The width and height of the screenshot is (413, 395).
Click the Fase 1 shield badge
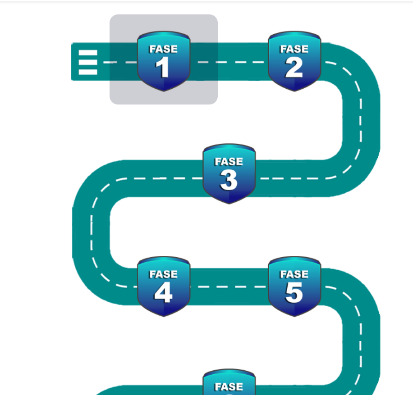tap(164, 61)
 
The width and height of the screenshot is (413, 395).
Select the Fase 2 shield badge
tap(294, 61)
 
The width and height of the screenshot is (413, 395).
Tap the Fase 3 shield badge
tap(229, 174)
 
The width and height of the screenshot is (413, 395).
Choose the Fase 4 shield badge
tap(164, 286)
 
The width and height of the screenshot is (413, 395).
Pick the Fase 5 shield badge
tap(294, 286)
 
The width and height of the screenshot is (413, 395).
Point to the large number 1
tap(162, 68)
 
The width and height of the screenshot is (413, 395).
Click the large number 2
tap(294, 68)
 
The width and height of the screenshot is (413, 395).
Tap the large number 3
tap(229, 181)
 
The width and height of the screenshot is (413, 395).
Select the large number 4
tap(163, 293)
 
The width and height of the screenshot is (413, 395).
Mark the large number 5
tap(294, 293)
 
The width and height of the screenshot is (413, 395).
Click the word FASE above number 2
tap(294, 49)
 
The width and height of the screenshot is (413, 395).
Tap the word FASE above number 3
tap(229, 162)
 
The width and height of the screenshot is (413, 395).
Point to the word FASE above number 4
tap(163, 274)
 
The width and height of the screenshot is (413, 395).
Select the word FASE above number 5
tap(294, 274)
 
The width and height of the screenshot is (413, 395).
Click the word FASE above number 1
tap(163, 49)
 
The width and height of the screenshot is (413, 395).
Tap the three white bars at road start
tap(88, 62)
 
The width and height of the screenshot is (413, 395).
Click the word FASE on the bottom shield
tap(229, 387)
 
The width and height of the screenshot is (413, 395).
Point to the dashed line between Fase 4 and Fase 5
tap(229, 286)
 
